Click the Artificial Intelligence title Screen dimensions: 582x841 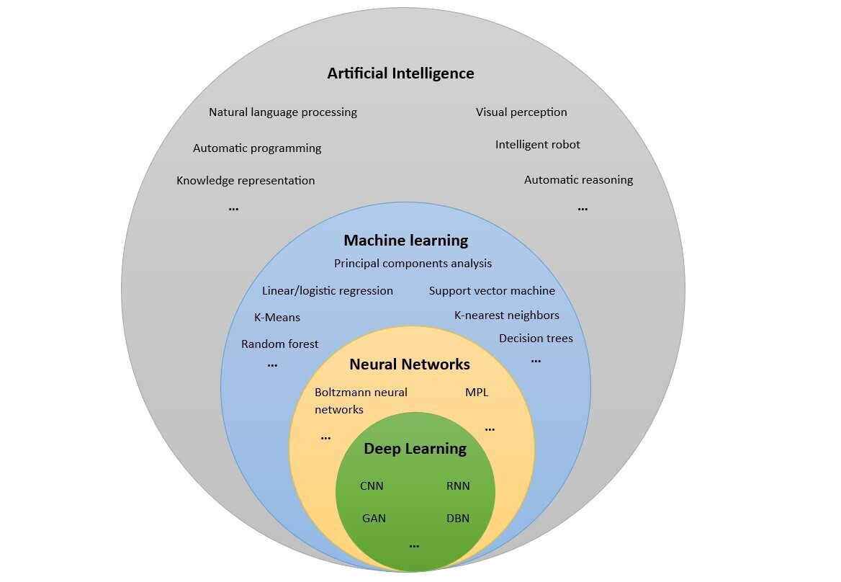pos(400,73)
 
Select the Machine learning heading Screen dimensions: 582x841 pos(405,241)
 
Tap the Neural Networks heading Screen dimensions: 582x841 pos(409,364)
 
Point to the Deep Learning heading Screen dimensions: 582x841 pos(415,449)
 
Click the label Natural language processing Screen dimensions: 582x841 pos(283,112)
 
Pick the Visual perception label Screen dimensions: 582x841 pos(521,112)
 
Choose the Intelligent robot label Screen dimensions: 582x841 pos(537,145)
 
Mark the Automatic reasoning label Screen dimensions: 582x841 pos(578,180)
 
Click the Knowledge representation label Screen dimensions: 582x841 pos(246,181)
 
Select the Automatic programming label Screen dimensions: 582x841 pos(257,148)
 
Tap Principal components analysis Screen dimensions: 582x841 pos(413,264)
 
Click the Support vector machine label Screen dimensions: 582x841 pos(492,291)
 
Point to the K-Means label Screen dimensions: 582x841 pos(277,317)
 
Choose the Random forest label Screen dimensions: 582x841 pos(279,344)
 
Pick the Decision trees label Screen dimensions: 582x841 pos(536,339)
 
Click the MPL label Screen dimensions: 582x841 pos(477,393)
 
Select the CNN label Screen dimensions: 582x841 pos(372,486)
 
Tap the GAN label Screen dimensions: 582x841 pos(374,518)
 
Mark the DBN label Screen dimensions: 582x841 pos(458,518)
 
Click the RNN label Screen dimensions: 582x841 pos(458,486)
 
